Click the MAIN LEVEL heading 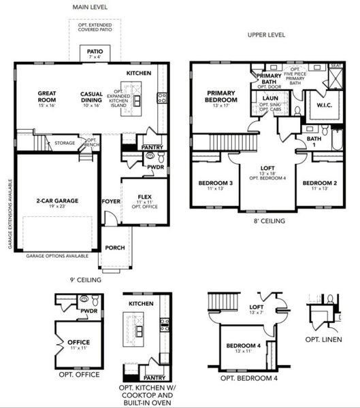91,7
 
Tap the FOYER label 110,202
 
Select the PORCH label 114,248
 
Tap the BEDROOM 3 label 216,184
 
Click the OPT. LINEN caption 323,339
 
